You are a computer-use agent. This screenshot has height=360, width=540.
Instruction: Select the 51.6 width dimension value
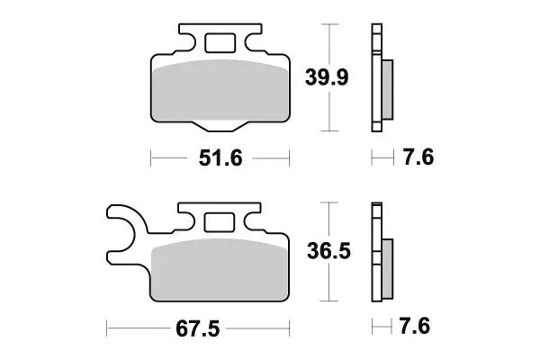220,159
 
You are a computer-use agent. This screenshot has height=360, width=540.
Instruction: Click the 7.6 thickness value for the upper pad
419,159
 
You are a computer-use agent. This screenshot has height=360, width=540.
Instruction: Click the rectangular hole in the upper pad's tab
220,42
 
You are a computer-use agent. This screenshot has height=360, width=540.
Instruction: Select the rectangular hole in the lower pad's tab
220,221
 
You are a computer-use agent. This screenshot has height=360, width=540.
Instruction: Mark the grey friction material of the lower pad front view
220,270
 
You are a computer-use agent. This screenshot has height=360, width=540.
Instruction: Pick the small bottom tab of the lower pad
220,304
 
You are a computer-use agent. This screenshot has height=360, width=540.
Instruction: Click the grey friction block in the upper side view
387,90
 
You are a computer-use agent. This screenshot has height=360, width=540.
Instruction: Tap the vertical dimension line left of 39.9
333,78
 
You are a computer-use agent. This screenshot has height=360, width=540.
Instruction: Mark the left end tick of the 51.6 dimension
149,159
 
